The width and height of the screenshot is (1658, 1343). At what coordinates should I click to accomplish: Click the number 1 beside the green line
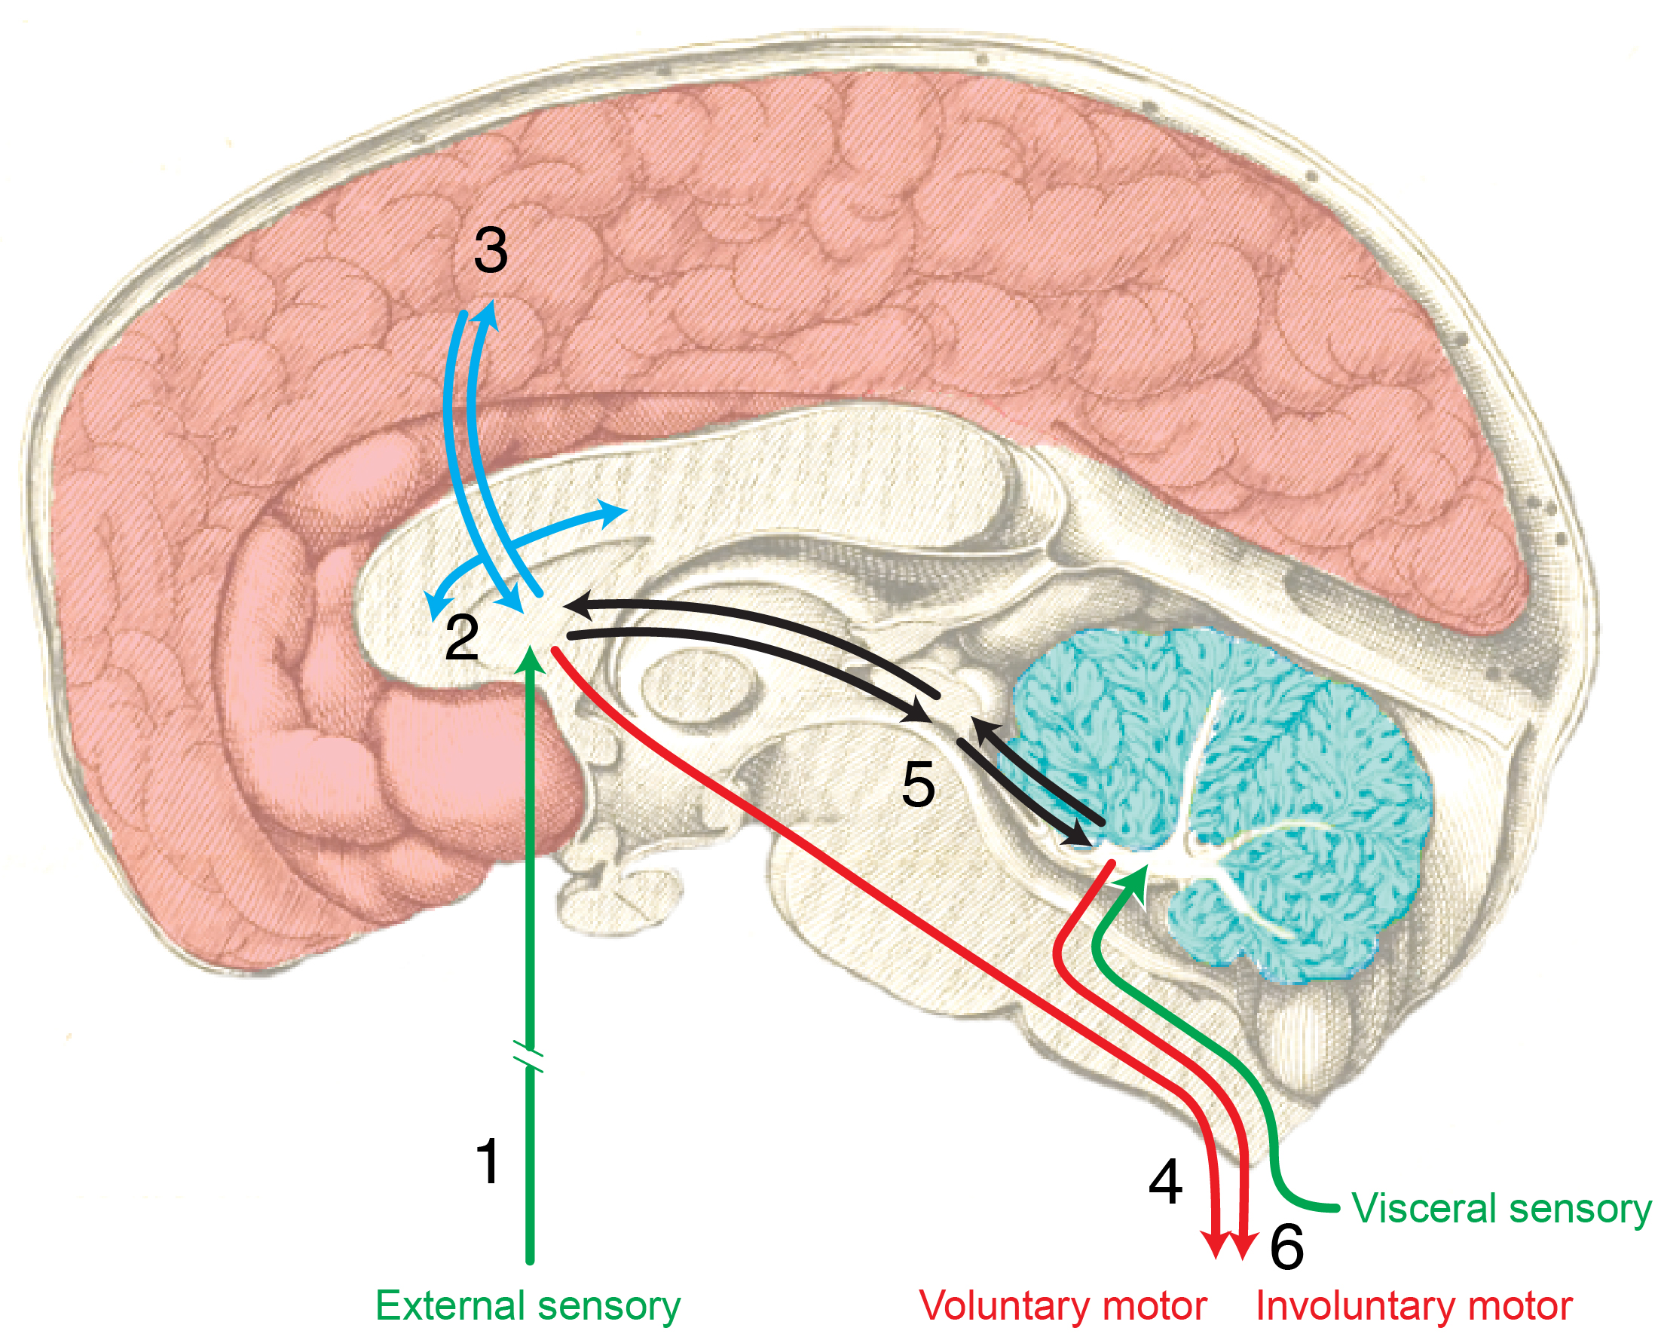pyautogui.click(x=488, y=1161)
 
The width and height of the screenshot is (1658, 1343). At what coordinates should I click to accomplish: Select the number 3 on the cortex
pyautogui.click(x=491, y=251)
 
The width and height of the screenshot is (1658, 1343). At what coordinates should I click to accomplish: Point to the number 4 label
pyautogui.click(x=1165, y=1182)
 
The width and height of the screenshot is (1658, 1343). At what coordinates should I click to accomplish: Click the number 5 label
pyautogui.click(x=919, y=785)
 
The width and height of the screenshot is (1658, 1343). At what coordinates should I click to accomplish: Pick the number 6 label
pyautogui.click(x=1286, y=1247)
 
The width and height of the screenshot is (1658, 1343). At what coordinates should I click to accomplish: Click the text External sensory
pyautogui.click(x=528, y=1306)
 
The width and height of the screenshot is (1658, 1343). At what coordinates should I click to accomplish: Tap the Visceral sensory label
pyautogui.click(x=1501, y=1207)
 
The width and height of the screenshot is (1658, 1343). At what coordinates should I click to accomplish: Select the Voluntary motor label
pyautogui.click(x=1063, y=1306)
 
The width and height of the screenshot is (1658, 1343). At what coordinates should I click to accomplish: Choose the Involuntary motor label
pyautogui.click(x=1415, y=1306)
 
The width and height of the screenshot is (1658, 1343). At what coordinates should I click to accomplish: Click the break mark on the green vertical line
pyautogui.click(x=529, y=1060)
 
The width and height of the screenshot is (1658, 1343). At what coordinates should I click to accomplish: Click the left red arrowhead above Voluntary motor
pyautogui.click(x=1217, y=1244)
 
